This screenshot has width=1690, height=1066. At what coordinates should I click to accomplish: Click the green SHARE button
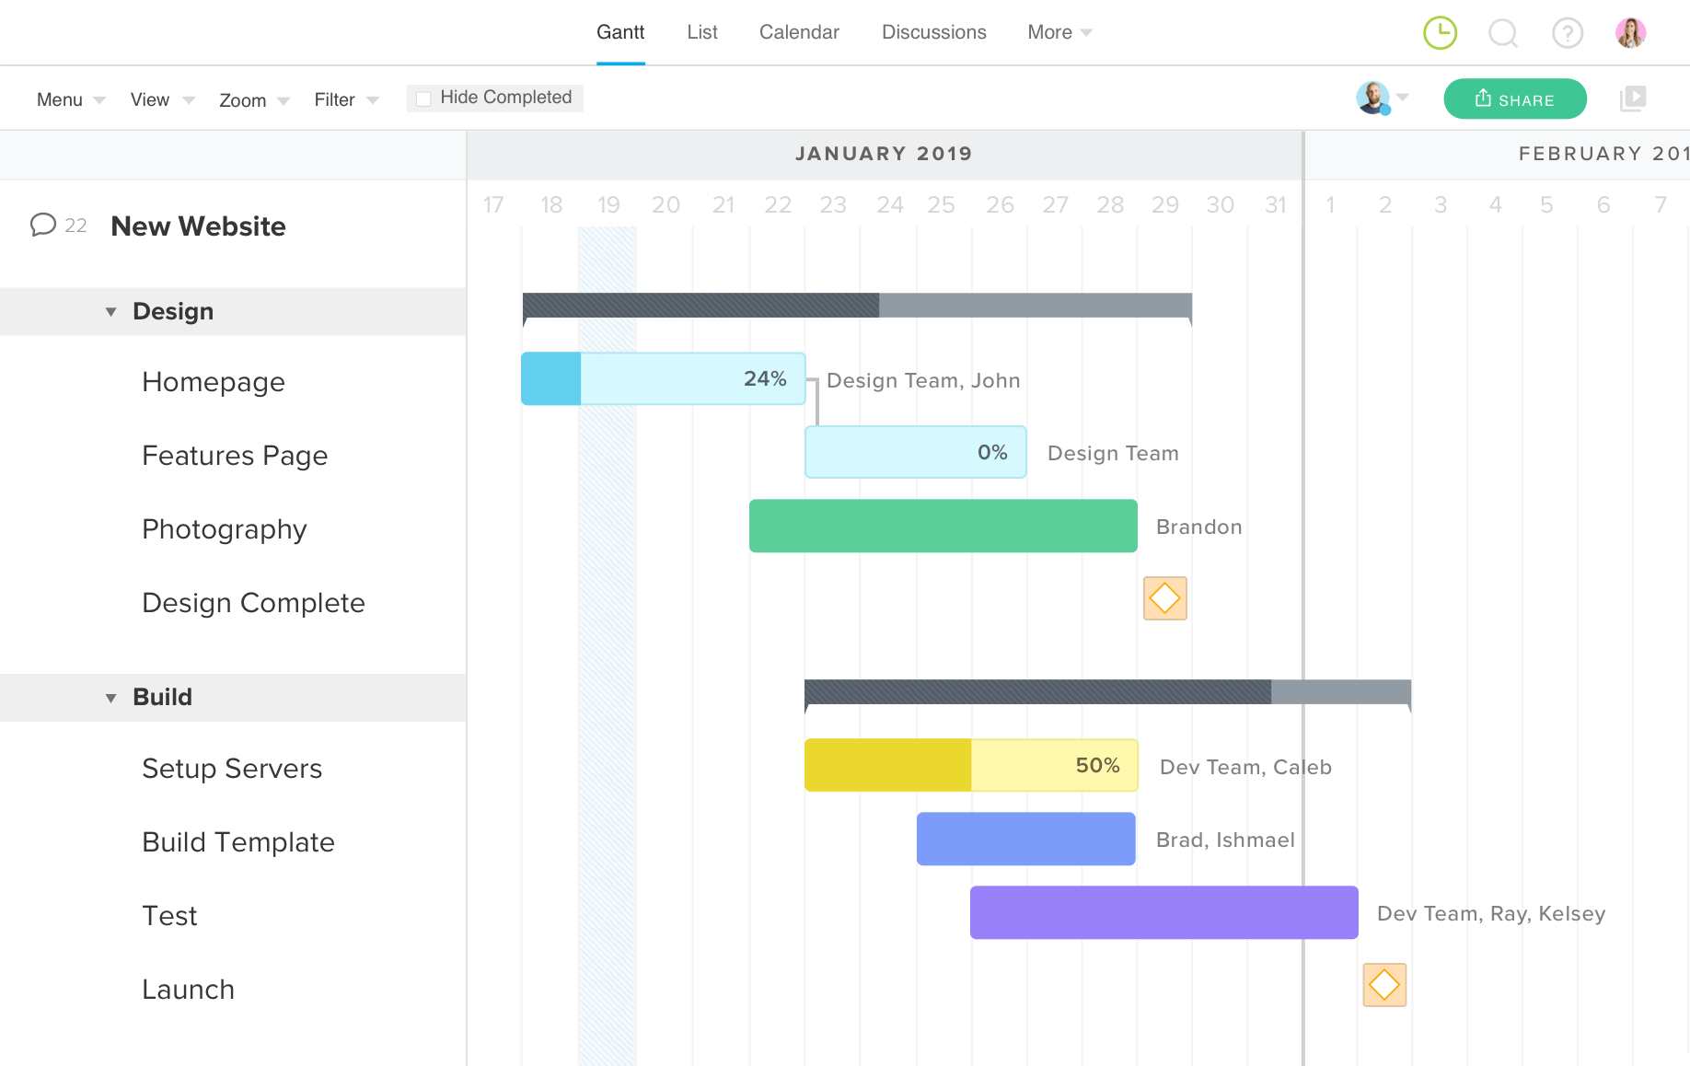[x=1514, y=99]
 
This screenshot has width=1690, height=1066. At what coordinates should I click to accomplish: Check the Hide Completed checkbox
[x=423, y=98]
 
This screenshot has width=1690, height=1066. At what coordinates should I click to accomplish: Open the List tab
[x=701, y=32]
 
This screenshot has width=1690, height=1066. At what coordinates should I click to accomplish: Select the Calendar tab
[x=799, y=32]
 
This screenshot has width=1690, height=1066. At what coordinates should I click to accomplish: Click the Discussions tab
[x=933, y=32]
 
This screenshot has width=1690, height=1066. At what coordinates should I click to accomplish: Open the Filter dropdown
[x=346, y=99]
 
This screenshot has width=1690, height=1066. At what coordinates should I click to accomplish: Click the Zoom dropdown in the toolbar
[x=253, y=99]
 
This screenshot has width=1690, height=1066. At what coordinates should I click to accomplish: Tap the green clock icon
[x=1440, y=33]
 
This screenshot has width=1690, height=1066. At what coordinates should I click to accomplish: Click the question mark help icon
[x=1567, y=33]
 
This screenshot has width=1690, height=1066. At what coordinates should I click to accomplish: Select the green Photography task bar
[x=943, y=526]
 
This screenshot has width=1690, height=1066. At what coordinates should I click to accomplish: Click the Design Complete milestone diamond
[x=1164, y=598]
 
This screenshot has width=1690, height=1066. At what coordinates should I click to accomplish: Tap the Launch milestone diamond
[x=1384, y=985]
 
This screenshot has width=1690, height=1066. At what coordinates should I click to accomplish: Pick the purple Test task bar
[x=1163, y=912]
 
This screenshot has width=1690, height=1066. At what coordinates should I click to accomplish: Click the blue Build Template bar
[x=1025, y=839]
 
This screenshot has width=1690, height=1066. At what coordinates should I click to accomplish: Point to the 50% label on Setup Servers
[x=1097, y=765]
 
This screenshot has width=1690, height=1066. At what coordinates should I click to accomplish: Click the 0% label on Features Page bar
[x=992, y=452]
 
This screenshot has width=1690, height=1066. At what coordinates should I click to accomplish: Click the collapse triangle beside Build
[x=110, y=698]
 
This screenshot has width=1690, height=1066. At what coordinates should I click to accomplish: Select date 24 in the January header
[x=889, y=204]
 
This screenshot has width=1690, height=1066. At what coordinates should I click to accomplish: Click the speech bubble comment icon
[x=42, y=225]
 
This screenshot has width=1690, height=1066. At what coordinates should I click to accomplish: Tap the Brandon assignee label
[x=1198, y=527]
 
